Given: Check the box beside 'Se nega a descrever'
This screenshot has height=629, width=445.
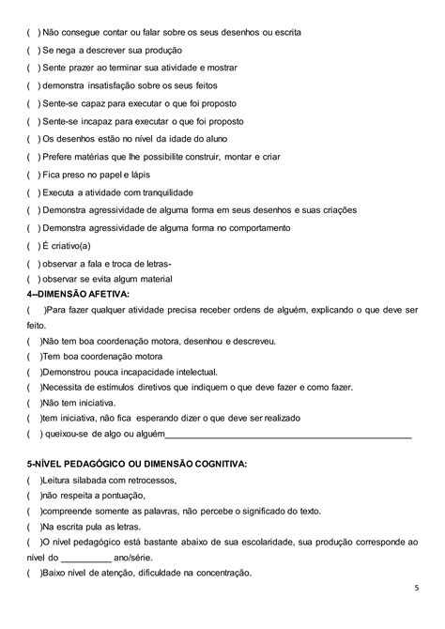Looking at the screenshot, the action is coord(33,49).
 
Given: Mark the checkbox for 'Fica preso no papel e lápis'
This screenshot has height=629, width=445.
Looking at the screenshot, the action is coord(33,174).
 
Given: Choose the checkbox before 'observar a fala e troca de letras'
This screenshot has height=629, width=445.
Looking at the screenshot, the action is coord(33,264).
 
